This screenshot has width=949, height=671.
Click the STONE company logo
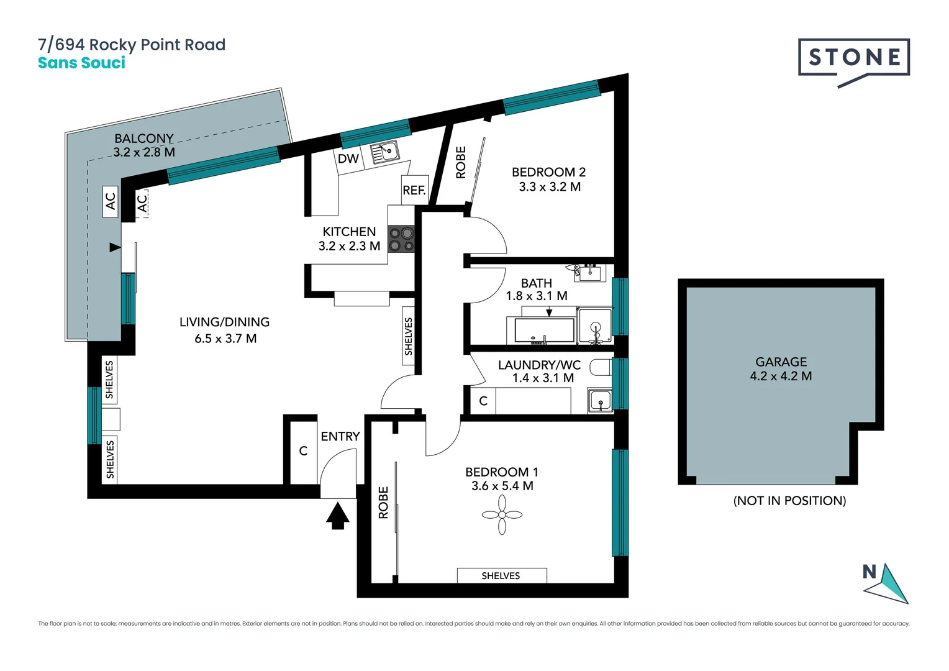(x=854, y=58)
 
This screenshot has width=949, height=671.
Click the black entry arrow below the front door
(x=337, y=516)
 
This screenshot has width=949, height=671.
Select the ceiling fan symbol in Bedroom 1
(x=502, y=514)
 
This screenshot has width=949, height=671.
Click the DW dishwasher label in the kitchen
(x=348, y=158)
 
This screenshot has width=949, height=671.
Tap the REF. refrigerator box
(x=414, y=190)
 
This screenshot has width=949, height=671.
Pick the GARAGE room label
(x=781, y=362)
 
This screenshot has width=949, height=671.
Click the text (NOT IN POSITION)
(x=789, y=501)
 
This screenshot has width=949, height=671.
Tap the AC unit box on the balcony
(x=111, y=201)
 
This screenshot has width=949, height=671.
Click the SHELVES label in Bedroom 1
(x=501, y=576)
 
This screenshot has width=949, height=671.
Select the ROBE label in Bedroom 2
(x=461, y=163)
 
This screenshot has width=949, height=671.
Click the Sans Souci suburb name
(x=81, y=63)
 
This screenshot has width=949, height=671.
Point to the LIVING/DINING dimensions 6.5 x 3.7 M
(x=225, y=339)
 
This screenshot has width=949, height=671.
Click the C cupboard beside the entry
(x=303, y=451)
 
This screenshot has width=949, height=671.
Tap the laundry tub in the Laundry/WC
(x=600, y=401)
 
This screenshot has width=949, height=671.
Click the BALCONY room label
(x=144, y=138)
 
